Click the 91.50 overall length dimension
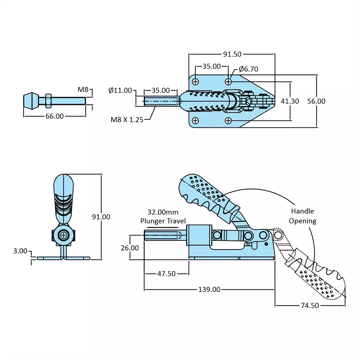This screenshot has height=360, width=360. [x=232, y=54]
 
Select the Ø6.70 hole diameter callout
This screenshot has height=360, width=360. [x=248, y=69]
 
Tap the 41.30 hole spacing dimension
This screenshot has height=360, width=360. [x=290, y=101]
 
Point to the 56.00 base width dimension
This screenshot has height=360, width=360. [x=316, y=101]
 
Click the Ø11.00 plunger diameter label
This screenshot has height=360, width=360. [x=120, y=90]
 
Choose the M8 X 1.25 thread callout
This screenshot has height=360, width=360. [x=127, y=119]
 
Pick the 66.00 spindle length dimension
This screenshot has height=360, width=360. [x=54, y=116]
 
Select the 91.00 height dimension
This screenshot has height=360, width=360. [x=101, y=217]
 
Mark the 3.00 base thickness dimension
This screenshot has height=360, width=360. [x=20, y=251]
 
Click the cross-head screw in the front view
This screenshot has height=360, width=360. [x=64, y=236]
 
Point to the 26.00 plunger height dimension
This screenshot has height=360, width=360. [x=130, y=248]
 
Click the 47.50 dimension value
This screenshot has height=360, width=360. [x=166, y=274]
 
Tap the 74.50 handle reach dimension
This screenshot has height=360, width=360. [x=310, y=305]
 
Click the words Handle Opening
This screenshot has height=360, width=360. [x=302, y=216]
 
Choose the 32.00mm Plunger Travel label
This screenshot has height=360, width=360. [x=163, y=217]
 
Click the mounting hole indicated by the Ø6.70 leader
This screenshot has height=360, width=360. [x=229, y=81]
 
